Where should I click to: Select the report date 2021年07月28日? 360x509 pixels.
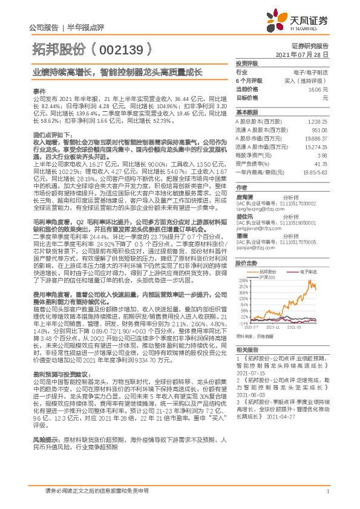click(x=305, y=54)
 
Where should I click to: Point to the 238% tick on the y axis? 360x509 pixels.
click(x=244, y=281)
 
